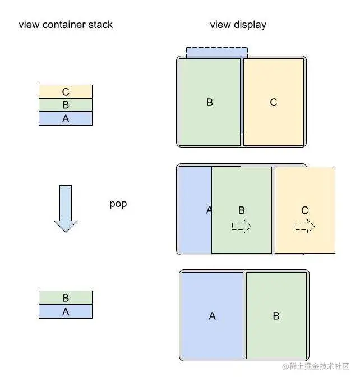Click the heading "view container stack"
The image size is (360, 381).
pyautogui.click(x=66, y=25)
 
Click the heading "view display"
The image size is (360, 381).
pyautogui.click(x=238, y=25)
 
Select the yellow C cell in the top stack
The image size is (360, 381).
pyautogui.click(x=66, y=91)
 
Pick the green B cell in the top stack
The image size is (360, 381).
pyautogui.click(x=66, y=105)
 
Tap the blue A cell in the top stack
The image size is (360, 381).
pyautogui.click(x=66, y=118)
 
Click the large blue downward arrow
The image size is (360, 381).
pyautogui.click(x=66, y=208)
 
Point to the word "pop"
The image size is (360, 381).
pyautogui.click(x=118, y=204)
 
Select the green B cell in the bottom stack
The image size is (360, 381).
pyautogui.click(x=66, y=298)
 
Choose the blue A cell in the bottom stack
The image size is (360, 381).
pyautogui.click(x=66, y=311)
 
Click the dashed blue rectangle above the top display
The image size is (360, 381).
pyautogui.click(x=216, y=52)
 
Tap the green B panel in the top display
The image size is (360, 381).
pyautogui.click(x=210, y=102)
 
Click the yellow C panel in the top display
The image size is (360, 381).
pyautogui.click(x=274, y=102)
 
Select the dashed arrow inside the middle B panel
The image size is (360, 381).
pyautogui.click(x=242, y=226)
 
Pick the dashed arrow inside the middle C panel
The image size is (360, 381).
pyautogui.click(x=305, y=226)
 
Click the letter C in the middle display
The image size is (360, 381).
pyautogui.click(x=304, y=210)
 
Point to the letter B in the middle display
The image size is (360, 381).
pyautogui.click(x=241, y=210)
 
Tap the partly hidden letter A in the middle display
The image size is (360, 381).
pyautogui.click(x=208, y=210)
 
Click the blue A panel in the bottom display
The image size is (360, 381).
pyautogui.click(x=212, y=316)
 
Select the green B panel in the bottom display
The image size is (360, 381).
pyautogui.click(x=276, y=316)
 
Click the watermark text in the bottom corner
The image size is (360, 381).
pyautogui.click(x=315, y=366)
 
